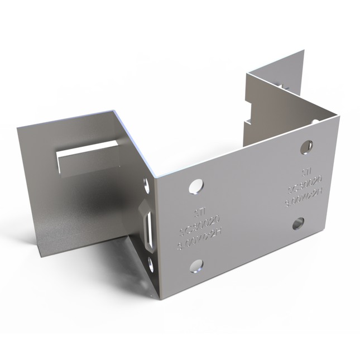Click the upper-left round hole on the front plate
coord(196,186)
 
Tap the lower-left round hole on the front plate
coord(196,266)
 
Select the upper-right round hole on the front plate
coord(306,147)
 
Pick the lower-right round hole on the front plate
coord(296,224)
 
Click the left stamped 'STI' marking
coord(199,212)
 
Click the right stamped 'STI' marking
coord(305,171)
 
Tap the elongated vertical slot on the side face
coord(149,226)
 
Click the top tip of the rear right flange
coord(304,51)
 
